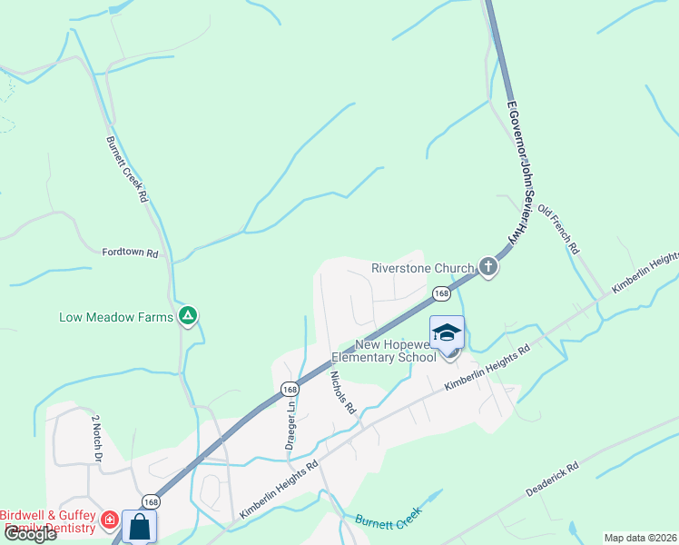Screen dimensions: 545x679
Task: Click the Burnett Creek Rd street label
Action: click(127, 169)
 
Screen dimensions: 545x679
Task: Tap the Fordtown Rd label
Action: click(130, 253)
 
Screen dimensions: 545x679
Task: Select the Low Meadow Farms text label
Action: click(116, 317)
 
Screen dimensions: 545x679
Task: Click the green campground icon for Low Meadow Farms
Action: click(188, 316)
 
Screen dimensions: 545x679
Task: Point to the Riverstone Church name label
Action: click(423, 268)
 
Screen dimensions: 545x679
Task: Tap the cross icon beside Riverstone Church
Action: click(488, 267)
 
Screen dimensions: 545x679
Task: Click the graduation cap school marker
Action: click(447, 333)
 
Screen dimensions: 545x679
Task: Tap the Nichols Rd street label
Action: click(342, 392)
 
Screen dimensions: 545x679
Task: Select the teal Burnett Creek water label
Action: click(389, 519)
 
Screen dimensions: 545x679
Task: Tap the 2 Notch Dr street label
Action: click(95, 438)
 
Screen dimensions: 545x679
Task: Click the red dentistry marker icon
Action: click(109, 520)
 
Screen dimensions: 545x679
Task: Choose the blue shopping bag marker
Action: click(139, 527)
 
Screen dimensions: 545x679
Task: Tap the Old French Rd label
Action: click(558, 229)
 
